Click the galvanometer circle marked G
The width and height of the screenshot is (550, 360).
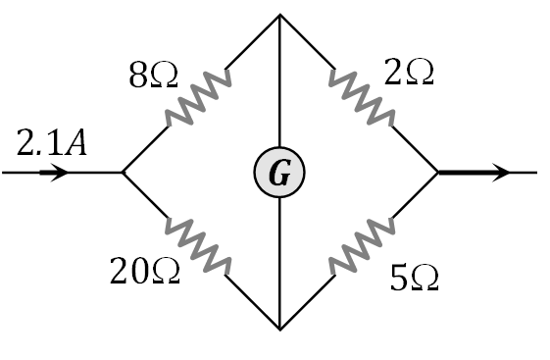tap(279, 174)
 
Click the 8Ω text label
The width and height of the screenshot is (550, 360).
tap(153, 77)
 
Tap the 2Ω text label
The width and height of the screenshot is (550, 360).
tap(409, 74)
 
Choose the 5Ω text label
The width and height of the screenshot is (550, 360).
tap(414, 280)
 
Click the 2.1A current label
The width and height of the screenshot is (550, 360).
tap(52, 143)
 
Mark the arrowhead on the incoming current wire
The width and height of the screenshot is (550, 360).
tap(59, 173)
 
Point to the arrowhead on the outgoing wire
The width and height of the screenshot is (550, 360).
tap(501, 173)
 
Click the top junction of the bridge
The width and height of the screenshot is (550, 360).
tap(280, 16)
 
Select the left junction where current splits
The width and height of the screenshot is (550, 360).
tap(123, 173)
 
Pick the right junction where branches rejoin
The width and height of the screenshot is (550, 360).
tap(438, 173)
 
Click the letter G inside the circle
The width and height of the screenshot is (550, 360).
tap(279, 175)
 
